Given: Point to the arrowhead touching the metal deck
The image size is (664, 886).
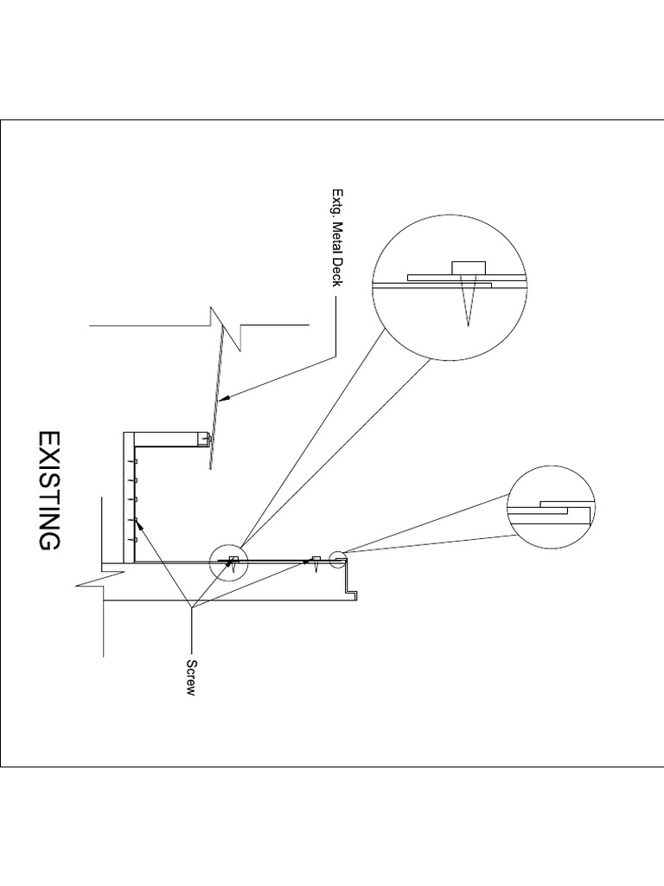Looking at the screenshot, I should [x=223, y=399].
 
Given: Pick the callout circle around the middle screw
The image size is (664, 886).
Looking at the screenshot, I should [x=229, y=562].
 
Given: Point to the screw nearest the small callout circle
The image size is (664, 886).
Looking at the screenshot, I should [x=317, y=562].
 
